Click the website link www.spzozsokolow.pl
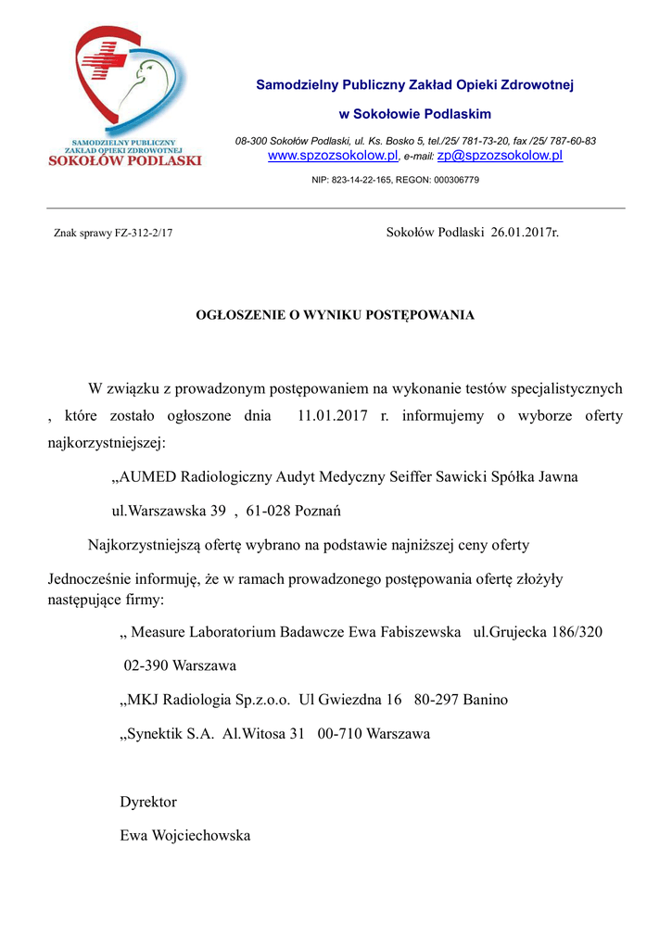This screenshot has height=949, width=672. [333, 156]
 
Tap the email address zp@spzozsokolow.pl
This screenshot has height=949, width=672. [500, 156]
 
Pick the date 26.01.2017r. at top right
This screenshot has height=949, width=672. [525, 232]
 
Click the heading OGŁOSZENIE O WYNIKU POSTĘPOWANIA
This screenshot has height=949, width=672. [335, 315]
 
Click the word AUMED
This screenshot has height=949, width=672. [148, 477]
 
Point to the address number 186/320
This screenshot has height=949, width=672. [571, 632]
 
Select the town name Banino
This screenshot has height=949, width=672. [483, 700]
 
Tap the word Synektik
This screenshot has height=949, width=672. [153, 734]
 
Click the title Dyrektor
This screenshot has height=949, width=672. [148, 802]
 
